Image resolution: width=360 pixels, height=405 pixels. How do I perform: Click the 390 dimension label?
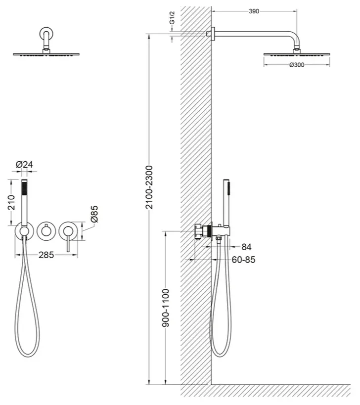tap(254, 11)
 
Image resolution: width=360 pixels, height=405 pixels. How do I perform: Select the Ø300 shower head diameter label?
tap(297, 65)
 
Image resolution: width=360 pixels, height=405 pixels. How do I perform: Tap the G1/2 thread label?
tap(172, 18)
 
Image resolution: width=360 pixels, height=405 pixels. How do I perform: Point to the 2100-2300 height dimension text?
tap(149, 187)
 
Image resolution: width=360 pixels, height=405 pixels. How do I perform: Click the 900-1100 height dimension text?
tap(166, 308)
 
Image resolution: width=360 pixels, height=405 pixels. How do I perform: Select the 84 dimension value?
tap(246, 247)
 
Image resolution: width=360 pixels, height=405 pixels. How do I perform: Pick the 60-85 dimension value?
tap(243, 260)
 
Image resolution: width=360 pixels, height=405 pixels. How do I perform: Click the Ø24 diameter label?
tap(24, 165)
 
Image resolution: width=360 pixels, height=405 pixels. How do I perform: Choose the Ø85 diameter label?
tap(94, 214)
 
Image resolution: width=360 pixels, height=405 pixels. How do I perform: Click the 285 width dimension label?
tap(46, 255)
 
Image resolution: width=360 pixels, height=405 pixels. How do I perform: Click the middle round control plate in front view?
tap(46, 231)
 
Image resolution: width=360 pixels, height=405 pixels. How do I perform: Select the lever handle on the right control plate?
tap(68, 240)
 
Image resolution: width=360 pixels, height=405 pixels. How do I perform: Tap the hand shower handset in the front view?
tap(24, 201)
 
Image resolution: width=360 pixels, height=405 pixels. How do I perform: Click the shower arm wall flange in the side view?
tap(213, 34)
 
